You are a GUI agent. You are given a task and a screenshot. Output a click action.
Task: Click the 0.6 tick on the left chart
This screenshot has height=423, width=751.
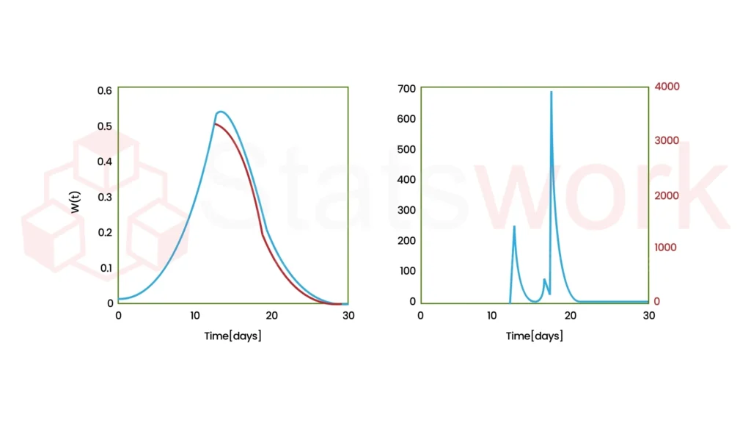pyautogui.click(x=105, y=90)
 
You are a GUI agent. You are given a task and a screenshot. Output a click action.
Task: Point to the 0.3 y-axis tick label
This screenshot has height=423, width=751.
pyautogui.click(x=105, y=197)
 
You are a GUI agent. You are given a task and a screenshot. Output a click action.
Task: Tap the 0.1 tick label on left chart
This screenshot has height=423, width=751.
pyautogui.click(x=105, y=267)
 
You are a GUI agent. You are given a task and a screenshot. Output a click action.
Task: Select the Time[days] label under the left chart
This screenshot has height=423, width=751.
pyautogui.click(x=232, y=336)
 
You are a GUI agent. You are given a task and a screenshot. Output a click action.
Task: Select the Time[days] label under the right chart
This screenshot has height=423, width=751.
pyautogui.click(x=535, y=336)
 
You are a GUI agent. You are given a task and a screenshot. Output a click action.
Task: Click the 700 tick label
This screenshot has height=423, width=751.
pyautogui.click(x=407, y=89)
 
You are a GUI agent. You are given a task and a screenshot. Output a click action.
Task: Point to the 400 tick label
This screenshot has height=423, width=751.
pyautogui.click(x=407, y=180)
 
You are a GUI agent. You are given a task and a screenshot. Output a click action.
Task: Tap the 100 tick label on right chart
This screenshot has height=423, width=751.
pyautogui.click(x=407, y=271)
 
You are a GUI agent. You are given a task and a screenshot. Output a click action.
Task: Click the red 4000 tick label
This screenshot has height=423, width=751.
pyautogui.click(x=667, y=87)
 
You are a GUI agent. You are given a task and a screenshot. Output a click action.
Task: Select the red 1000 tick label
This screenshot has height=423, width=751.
pyautogui.click(x=665, y=247)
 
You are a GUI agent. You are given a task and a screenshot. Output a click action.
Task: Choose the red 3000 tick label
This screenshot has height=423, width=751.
pyautogui.click(x=667, y=140)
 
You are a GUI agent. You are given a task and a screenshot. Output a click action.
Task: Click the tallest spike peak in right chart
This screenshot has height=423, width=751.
pyautogui.click(x=551, y=92)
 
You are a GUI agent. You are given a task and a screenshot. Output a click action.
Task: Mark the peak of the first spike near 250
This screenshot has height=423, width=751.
pyautogui.click(x=514, y=226)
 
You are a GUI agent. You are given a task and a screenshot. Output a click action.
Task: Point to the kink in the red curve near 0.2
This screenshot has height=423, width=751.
pyautogui.click(x=263, y=234)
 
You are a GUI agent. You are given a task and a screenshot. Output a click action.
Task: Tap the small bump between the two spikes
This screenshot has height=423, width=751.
pyautogui.click(x=544, y=279)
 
